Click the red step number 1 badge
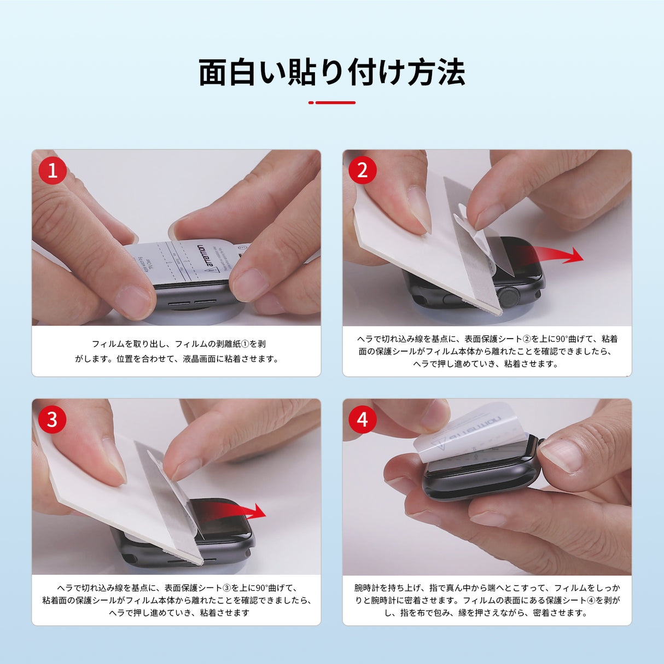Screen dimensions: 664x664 point(53,171)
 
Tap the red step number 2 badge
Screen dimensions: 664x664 point(363,171)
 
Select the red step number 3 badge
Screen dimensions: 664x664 point(53,420)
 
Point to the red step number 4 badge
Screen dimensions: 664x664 point(363,420)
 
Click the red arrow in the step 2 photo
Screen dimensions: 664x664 point(552,255)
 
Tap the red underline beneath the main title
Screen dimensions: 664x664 point(332,102)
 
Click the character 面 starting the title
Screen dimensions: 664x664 point(212,72)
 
